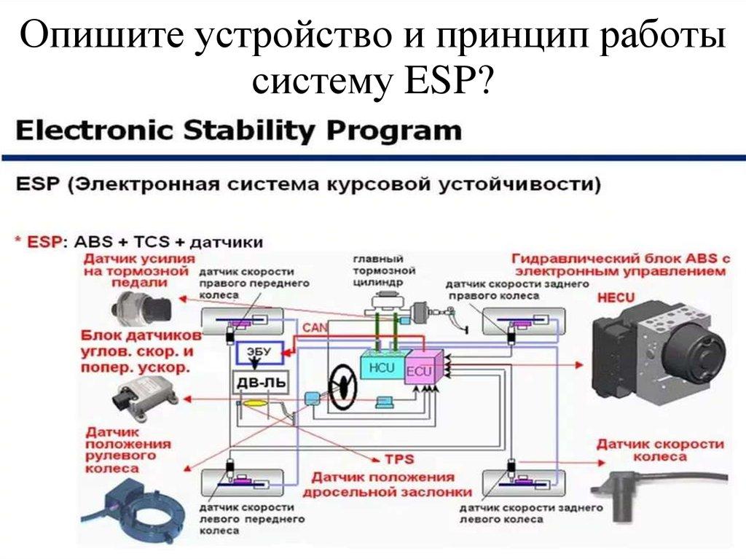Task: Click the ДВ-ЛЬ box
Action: point(254,383)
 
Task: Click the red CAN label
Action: point(315,329)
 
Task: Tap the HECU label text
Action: point(616,297)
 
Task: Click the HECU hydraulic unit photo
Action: point(659,346)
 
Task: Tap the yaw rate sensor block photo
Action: point(143,394)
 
